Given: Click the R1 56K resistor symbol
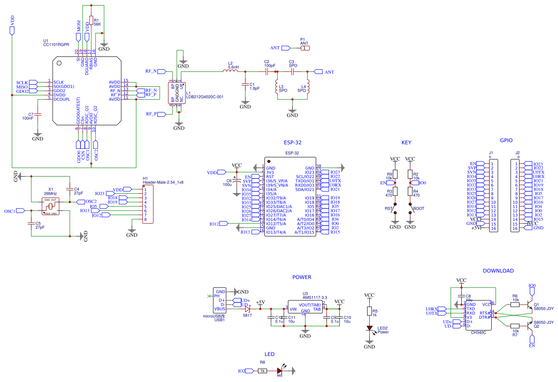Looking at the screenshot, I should point(91,21).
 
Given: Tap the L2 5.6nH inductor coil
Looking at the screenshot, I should point(230,71).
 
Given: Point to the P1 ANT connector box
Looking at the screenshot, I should point(304,48).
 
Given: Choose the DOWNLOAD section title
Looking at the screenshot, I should point(498,271).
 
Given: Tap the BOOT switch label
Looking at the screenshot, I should point(418,209).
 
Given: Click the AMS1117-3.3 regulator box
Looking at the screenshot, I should point(305,307).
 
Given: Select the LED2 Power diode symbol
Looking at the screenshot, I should point(369,329).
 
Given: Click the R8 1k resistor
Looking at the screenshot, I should point(262,371).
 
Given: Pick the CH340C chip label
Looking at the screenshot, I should point(478,332).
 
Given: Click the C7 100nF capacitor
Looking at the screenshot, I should point(38,115).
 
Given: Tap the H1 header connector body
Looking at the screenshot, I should point(148,204).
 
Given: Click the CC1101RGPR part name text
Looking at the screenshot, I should point(56,44).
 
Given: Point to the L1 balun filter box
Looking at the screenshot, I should point(177,93).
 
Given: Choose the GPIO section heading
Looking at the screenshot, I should point(506,140).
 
